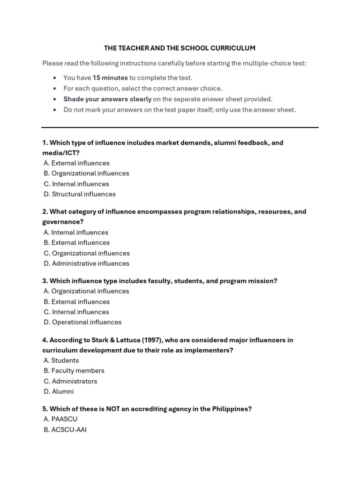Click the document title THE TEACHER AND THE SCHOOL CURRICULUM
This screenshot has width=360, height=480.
click(180, 48)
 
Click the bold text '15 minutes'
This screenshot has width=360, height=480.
click(110, 78)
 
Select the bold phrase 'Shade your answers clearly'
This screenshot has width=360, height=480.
click(107, 99)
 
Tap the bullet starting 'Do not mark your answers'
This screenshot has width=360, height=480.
click(180, 110)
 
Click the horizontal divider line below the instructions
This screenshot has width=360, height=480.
click(180, 127)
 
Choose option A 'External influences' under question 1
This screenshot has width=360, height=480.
click(76, 163)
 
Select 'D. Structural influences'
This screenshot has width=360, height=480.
click(79, 194)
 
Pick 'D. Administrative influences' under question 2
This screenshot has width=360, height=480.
click(86, 263)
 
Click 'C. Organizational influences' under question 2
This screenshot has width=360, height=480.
click(86, 253)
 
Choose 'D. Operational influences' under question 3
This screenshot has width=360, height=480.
click(82, 322)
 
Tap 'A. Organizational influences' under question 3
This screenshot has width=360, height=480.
click(86, 291)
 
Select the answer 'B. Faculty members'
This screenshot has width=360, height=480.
click(74, 371)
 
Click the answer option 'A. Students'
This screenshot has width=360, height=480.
click(61, 360)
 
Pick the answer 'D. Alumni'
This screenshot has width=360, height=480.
click(59, 391)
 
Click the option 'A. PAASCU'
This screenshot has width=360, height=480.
click(60, 419)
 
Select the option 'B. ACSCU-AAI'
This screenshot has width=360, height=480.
click(65, 429)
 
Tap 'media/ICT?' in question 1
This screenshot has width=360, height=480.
click(61, 153)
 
